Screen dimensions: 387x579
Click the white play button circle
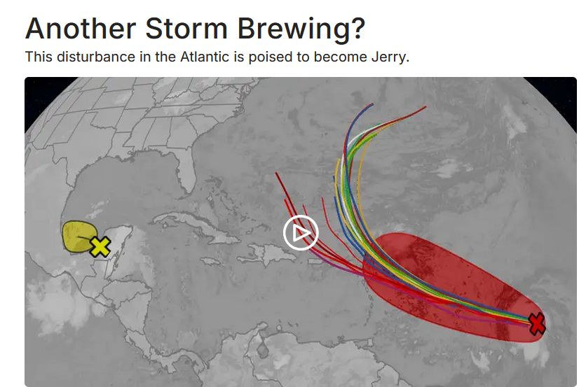tap(301, 234)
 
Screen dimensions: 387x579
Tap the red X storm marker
tap(536, 323)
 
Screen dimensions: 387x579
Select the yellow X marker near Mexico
tap(100, 246)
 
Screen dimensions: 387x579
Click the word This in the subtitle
tap(38, 57)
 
